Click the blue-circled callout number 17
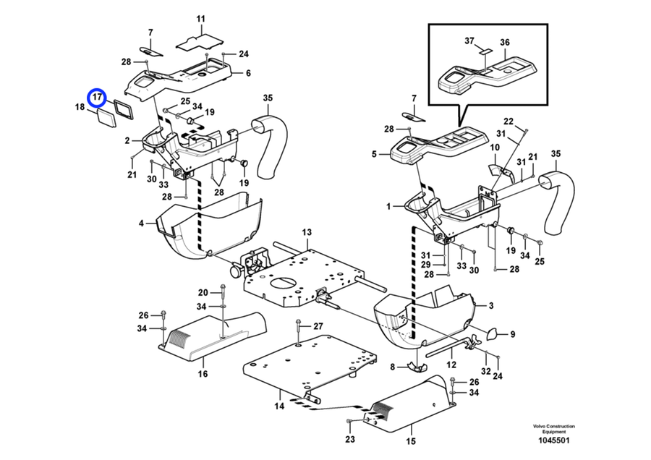[97, 97]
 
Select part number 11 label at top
[201, 19]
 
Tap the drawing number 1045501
[554, 440]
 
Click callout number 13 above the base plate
[307, 232]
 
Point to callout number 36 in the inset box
[505, 43]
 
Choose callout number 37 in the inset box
[469, 41]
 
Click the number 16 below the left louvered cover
[203, 374]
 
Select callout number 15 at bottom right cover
[411, 441]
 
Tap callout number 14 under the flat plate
[279, 406]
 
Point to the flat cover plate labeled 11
[200, 43]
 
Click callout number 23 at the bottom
[350, 439]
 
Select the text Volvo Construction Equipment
[554, 429]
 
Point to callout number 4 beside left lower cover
[141, 223]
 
